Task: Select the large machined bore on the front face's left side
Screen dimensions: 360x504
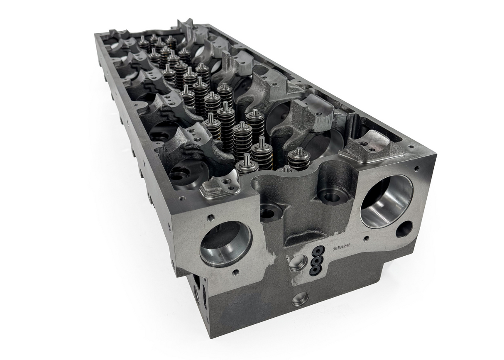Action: [225, 243]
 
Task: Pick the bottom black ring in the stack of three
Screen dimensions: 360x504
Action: [315, 270]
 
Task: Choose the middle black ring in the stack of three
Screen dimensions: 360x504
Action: [317, 260]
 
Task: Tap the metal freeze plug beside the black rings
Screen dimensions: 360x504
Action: [298, 263]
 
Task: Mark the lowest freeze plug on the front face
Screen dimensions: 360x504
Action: [300, 298]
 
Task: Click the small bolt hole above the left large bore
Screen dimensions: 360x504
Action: [210, 217]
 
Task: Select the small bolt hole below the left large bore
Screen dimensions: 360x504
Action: [235, 272]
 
